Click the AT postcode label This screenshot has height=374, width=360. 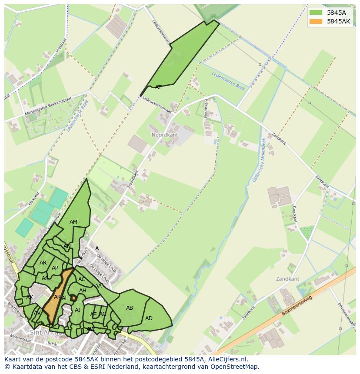(x=158, y=87)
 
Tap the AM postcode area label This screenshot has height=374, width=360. (x=73, y=222)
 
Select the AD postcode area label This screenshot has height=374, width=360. (x=149, y=318)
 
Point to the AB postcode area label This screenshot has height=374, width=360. (x=130, y=308)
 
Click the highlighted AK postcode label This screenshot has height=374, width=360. (x=57, y=297)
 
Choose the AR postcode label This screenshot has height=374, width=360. (x=43, y=263)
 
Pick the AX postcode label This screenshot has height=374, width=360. (x=30, y=298)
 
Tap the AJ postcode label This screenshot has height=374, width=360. (x=78, y=310)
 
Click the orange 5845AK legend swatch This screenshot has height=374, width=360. (x=316, y=21)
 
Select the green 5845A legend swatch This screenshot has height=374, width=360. (x=316, y=13)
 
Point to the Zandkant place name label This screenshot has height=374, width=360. (x=287, y=278)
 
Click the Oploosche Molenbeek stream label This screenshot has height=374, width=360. (x=259, y=160)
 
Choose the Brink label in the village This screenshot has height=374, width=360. (x=52, y=344)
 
